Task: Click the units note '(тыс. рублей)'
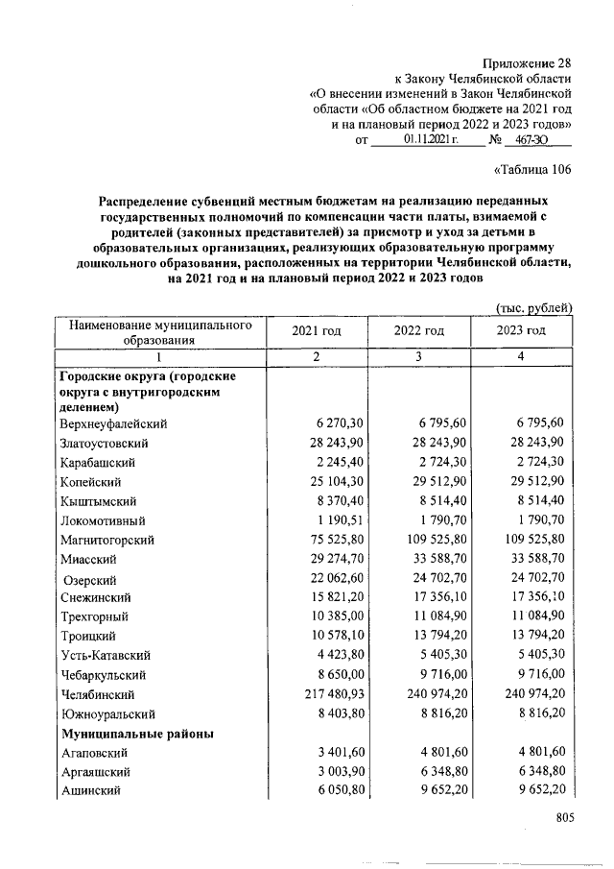pyautogui.click(x=534, y=307)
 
